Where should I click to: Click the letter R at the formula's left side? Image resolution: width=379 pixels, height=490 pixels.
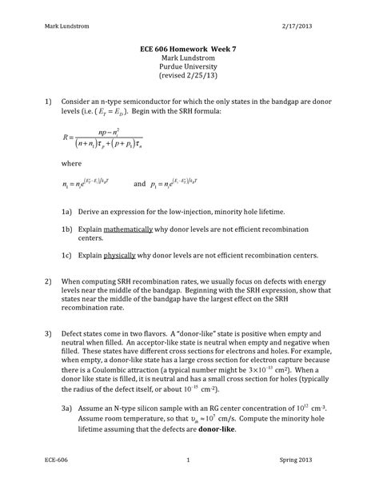[x=66, y=160]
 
